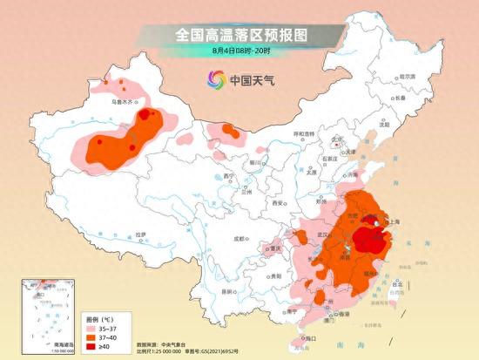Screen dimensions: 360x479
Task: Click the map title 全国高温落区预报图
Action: pos(239,35)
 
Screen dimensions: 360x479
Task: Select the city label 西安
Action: pos(277,202)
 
